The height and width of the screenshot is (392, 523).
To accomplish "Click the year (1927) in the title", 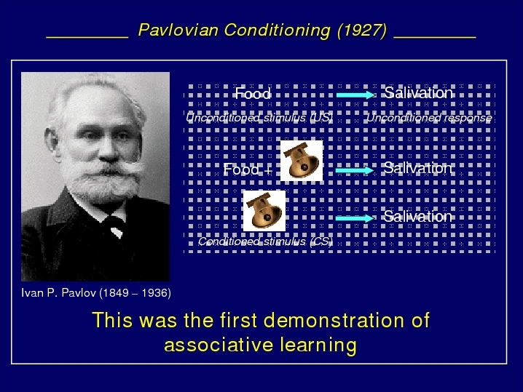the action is (362, 31).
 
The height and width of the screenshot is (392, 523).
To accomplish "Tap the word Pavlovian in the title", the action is (178, 30).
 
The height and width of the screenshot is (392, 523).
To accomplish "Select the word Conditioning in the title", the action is (278, 31).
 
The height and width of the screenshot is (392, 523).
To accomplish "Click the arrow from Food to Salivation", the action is (356, 95).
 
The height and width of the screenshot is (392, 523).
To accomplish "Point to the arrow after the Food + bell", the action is (355, 170).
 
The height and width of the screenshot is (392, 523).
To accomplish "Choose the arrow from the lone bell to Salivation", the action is (355, 218).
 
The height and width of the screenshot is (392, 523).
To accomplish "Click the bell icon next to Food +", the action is (302, 161).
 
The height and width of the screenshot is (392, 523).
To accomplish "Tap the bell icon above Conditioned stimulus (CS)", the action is (264, 211).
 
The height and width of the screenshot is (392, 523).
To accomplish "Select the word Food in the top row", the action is (253, 93).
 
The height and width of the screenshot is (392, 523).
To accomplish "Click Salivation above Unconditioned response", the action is (419, 92).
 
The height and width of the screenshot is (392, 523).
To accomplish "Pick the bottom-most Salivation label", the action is (418, 217).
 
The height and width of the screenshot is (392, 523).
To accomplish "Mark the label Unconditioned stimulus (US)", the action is (259, 118).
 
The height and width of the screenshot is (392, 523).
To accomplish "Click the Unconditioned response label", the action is (429, 118).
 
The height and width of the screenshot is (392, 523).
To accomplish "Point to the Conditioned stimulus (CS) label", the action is (265, 241).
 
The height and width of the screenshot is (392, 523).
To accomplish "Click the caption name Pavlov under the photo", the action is (79, 293).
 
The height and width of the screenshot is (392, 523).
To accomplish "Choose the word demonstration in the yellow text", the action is (334, 320).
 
